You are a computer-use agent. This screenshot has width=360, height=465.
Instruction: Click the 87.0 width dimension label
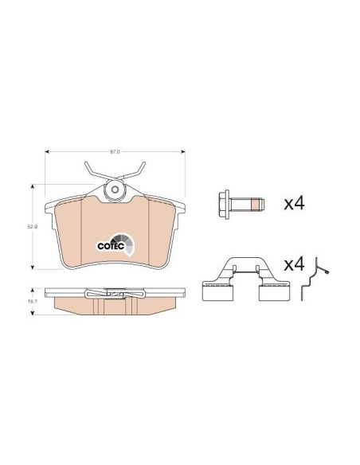[115, 151]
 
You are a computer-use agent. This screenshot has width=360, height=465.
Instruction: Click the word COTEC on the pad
[111, 246]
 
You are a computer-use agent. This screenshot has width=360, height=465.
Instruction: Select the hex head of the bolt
[223, 205]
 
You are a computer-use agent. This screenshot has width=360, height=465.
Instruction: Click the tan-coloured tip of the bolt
[256, 205]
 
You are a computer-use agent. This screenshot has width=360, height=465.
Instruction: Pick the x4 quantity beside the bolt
[294, 204]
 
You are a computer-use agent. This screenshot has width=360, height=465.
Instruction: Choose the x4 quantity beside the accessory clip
[294, 264]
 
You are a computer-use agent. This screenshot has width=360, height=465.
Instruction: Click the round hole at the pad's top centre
[115, 189]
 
